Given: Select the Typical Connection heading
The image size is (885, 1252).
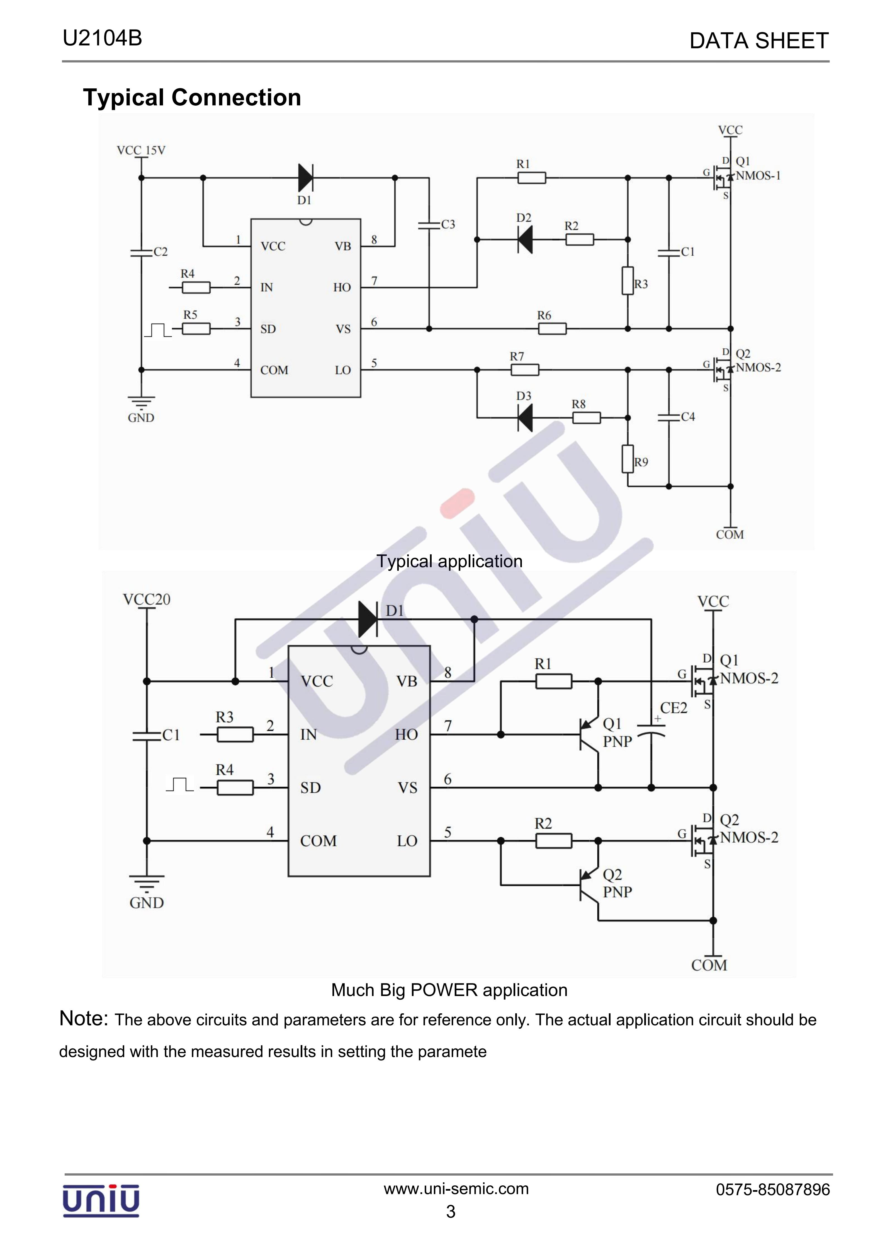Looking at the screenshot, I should (192, 98).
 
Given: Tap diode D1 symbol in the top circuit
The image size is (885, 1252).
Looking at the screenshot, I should (306, 178).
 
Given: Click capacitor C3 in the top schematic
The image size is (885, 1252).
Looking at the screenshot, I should (429, 225).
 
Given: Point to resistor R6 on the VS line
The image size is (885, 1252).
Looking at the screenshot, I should (552, 329).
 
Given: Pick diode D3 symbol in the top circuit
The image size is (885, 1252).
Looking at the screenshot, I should (525, 418).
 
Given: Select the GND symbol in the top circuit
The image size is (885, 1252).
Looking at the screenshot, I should (141, 403).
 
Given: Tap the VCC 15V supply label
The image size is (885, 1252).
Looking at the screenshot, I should (141, 151).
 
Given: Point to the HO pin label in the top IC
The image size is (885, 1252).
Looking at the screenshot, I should (342, 287).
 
